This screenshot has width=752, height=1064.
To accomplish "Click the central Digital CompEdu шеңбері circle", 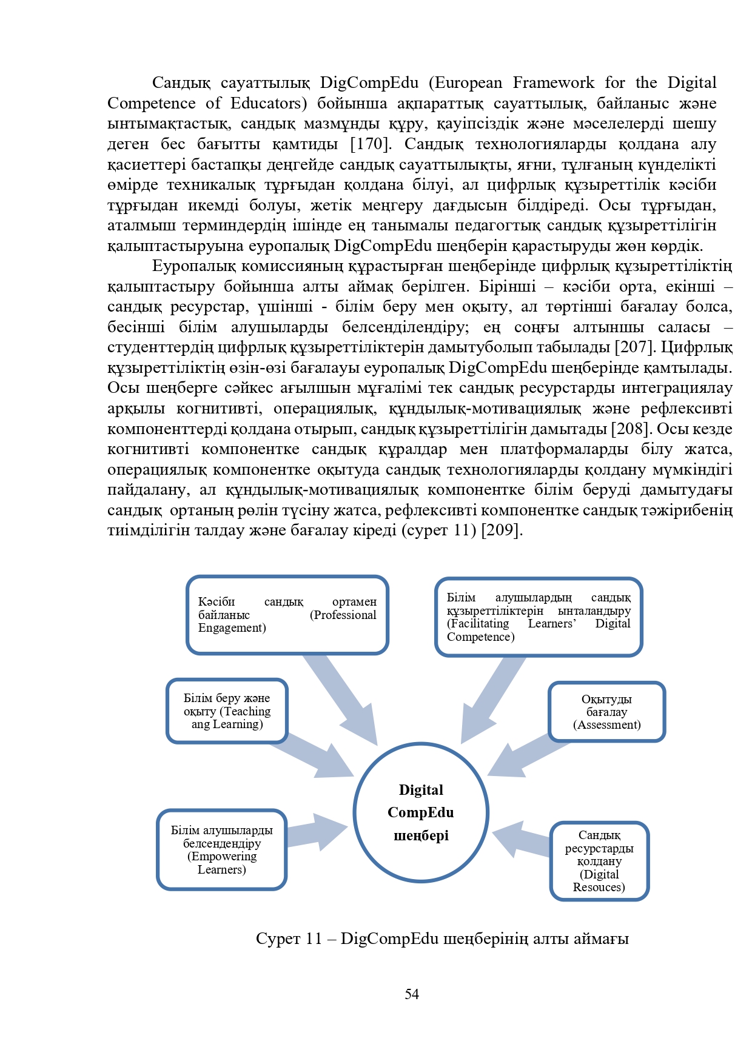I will pos(421,812).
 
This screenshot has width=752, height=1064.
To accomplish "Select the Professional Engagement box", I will pos(287,615).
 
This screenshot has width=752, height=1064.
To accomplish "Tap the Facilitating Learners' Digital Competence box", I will pos(539,617).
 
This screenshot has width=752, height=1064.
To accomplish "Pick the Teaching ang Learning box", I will pos(227,711).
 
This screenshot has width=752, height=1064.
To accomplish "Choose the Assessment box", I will pos(606,712).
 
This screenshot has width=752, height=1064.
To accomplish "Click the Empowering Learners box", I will pos(221,849).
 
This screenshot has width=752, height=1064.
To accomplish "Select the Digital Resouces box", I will pos(599,861).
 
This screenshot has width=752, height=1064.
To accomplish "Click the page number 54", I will pos(412,994).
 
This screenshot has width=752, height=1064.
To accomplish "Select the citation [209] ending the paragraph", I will pos(502,530).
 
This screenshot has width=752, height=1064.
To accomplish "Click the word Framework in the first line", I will pos(554,82).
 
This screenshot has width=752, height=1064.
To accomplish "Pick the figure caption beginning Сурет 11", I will pos(442,939).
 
